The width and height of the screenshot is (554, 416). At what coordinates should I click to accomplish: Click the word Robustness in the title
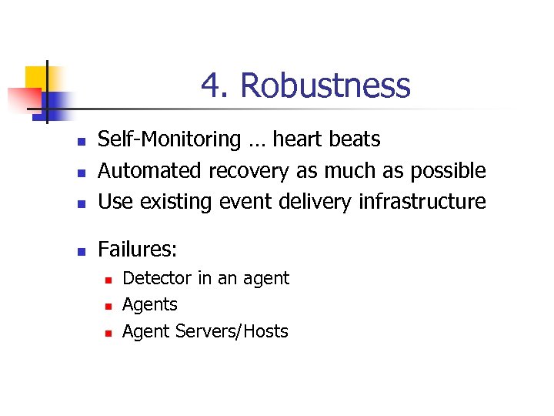[325, 86]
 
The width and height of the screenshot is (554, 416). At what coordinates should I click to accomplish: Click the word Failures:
[138, 249]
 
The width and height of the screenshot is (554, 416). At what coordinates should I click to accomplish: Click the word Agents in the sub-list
[150, 304]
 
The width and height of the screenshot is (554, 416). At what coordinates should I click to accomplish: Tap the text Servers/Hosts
[232, 331]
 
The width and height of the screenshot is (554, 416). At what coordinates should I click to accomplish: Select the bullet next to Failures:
[80, 251]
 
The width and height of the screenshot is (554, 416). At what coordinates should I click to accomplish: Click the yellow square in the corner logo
[36, 77]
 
